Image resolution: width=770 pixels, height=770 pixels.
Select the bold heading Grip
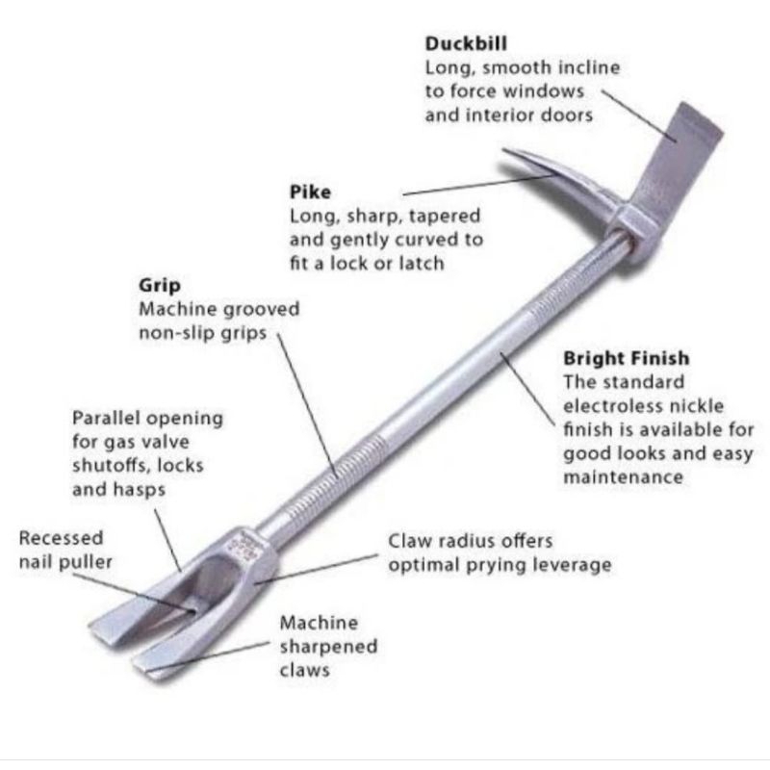(159, 285)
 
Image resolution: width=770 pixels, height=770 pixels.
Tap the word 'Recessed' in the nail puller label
(61, 538)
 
